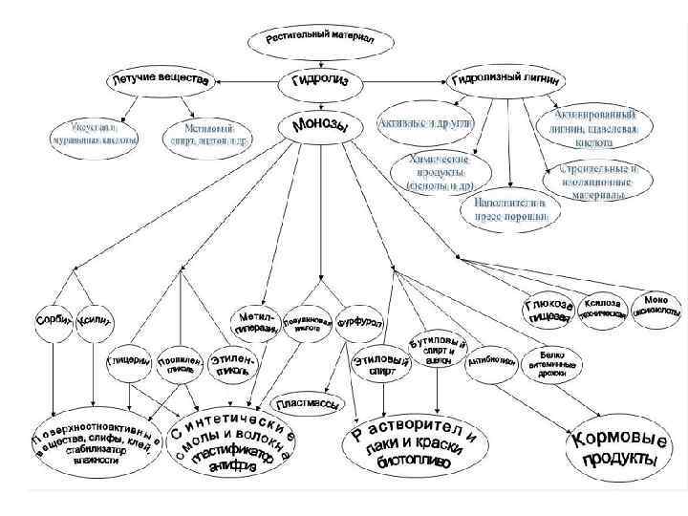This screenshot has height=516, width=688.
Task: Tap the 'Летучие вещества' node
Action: (x=160, y=80)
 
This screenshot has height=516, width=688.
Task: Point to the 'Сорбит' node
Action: (x=54, y=319)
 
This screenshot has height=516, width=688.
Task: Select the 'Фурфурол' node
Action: (x=359, y=322)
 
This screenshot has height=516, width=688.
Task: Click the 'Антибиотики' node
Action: (x=493, y=362)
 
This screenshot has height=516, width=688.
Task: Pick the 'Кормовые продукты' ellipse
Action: (x=615, y=450)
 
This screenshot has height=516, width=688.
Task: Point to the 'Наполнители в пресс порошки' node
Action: (x=511, y=209)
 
